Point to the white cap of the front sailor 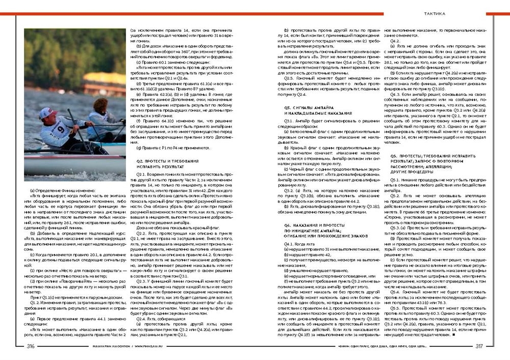tap(47, 112)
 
